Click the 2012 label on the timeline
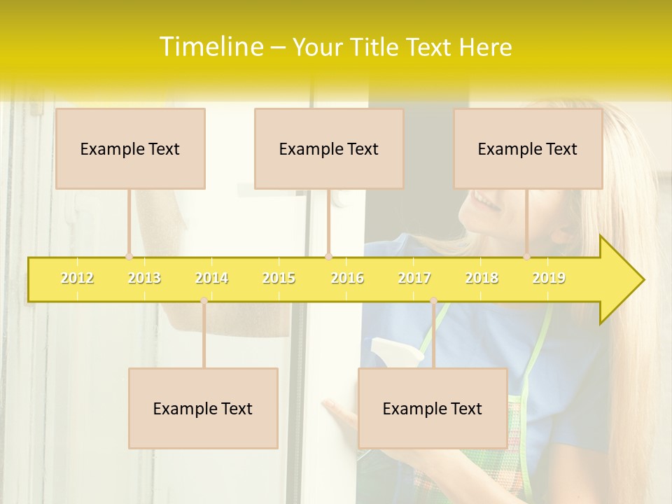pyautogui.click(x=77, y=278)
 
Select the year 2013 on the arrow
pyautogui.click(x=144, y=278)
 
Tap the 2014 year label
pyautogui.click(x=211, y=278)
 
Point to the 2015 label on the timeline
pyautogui.click(x=279, y=278)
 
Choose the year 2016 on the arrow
pyautogui.click(x=347, y=278)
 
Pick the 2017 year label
pyautogui.click(x=414, y=278)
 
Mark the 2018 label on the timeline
pyautogui.click(x=482, y=278)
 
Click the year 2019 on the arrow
pyautogui.click(x=549, y=278)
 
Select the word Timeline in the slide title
pyautogui.click(x=210, y=47)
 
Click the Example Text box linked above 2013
pyautogui.click(x=130, y=148)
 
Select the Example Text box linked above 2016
pyautogui.click(x=329, y=148)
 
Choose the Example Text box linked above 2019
pyautogui.click(x=528, y=148)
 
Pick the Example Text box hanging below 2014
pyautogui.click(x=203, y=408)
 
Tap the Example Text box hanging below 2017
pyautogui.click(x=433, y=408)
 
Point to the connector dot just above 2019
pyautogui.click(x=527, y=256)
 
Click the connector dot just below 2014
pyautogui.click(x=204, y=300)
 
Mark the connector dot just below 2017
pyautogui.click(x=433, y=300)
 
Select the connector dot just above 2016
pyautogui.click(x=328, y=256)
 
